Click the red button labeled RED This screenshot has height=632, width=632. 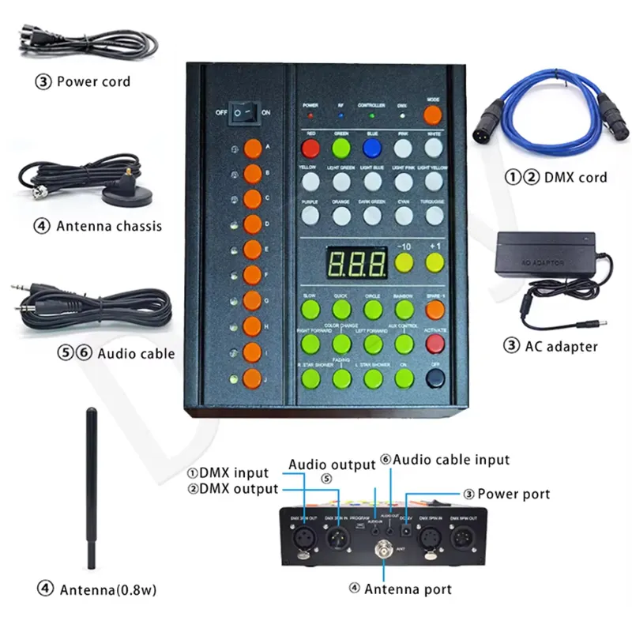click(311, 149)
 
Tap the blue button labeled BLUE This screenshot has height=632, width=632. click(372, 149)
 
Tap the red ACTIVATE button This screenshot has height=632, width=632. click(433, 343)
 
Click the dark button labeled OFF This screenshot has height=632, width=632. click(433, 378)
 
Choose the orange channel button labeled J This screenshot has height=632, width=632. click(252, 377)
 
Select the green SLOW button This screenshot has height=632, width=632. click(310, 308)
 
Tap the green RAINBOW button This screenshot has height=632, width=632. click(403, 308)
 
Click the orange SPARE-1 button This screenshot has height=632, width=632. click(433, 308)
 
